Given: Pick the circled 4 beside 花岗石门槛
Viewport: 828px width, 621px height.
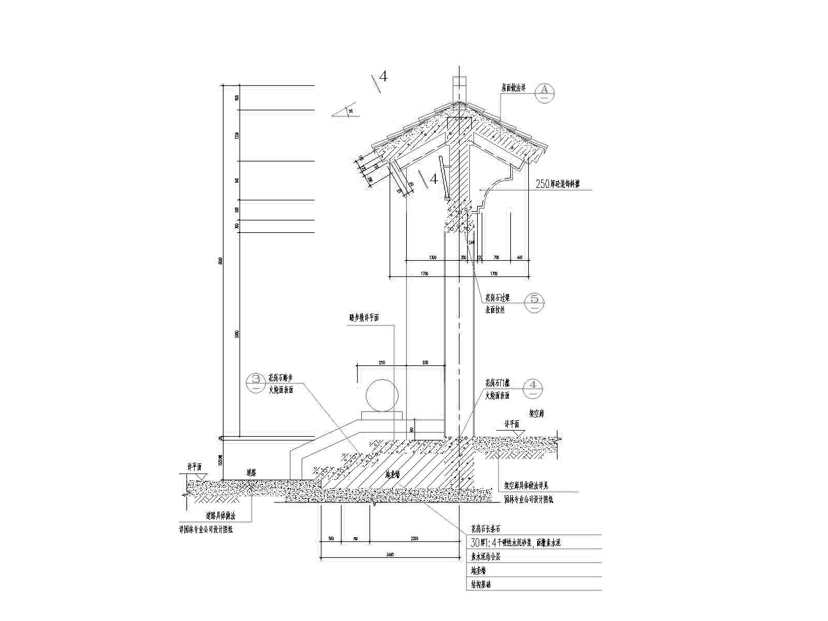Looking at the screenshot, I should [535, 388].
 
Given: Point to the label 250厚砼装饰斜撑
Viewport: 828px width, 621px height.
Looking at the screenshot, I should [558, 184].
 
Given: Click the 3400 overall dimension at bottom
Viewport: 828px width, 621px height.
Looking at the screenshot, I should [390, 555].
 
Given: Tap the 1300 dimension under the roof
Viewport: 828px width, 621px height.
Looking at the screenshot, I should [432, 257].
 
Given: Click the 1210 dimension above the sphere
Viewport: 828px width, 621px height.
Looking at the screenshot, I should [381, 363].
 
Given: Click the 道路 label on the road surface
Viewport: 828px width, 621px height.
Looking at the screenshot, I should [252, 472].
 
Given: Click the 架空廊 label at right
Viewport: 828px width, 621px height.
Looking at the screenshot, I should [536, 414].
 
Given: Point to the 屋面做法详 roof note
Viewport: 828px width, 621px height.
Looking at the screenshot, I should [513, 88].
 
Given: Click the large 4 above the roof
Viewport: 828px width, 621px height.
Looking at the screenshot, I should [383, 77].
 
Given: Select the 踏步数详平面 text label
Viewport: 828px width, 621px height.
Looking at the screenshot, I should [363, 318].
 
